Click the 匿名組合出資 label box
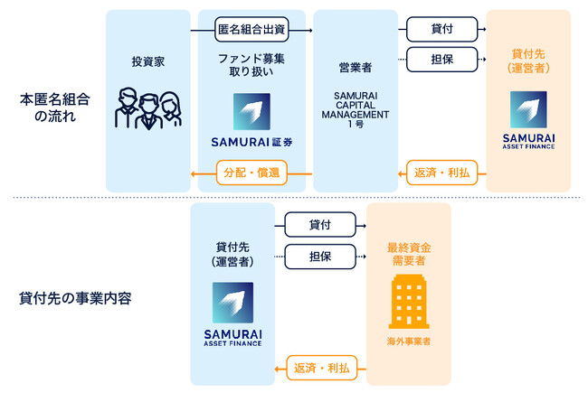pos(251,29)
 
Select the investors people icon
pos(148,108)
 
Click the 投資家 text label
pos(148,62)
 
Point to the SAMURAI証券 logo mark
pos(251,112)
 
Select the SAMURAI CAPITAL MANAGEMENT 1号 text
pos(355,108)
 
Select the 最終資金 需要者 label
pos(409,252)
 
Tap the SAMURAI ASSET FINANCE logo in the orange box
pos(528,118)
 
